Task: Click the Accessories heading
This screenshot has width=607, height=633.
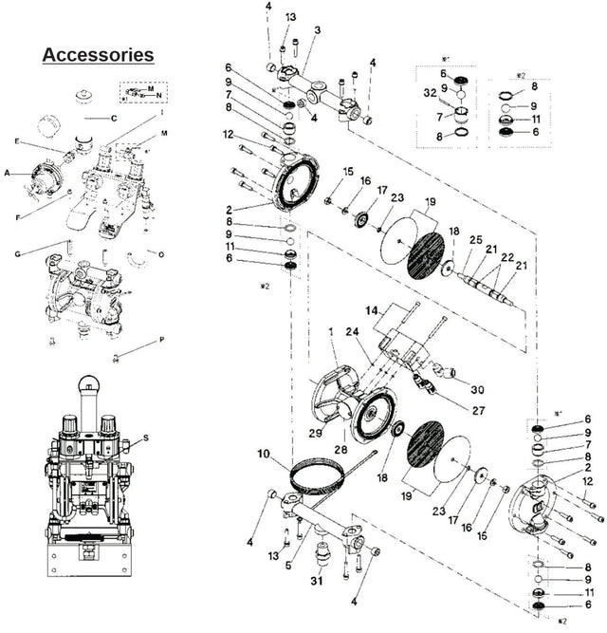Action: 98,54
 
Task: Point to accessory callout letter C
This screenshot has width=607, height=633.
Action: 113,118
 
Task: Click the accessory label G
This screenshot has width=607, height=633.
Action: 18,253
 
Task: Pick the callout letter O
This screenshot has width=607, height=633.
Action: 161,254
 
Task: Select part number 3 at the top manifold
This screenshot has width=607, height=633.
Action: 318,30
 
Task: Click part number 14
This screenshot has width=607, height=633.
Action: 372,309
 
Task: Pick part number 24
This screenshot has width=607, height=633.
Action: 353,332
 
